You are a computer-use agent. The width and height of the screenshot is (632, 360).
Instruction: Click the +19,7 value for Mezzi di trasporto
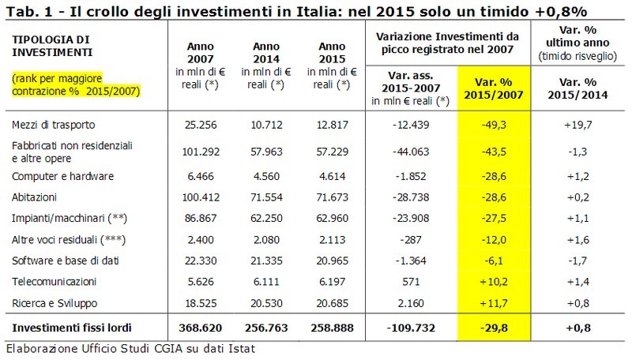585,125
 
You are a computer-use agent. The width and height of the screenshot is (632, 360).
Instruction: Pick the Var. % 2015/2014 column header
584,87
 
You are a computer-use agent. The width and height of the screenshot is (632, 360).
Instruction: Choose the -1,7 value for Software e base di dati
585,259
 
